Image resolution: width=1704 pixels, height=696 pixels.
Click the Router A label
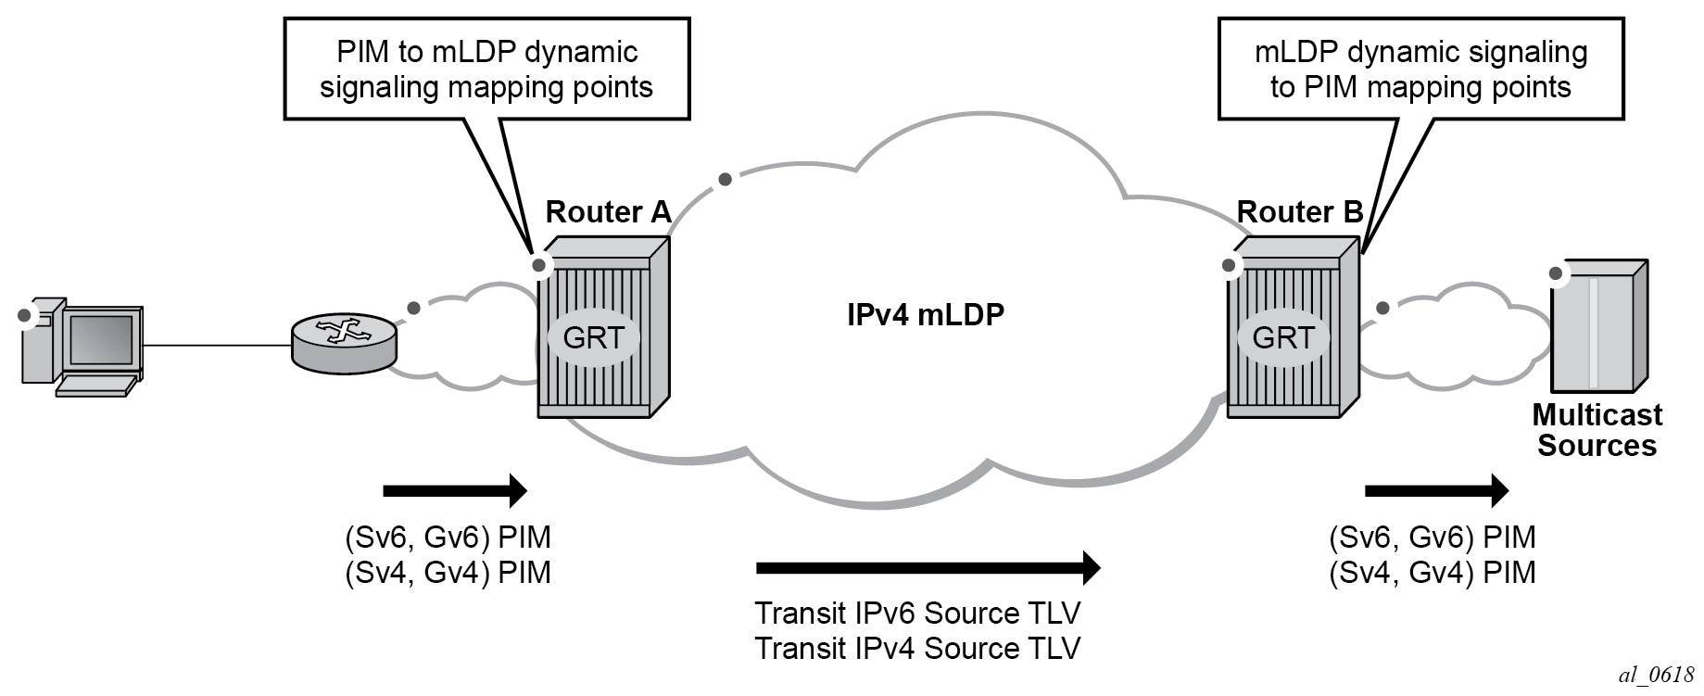[x=608, y=212]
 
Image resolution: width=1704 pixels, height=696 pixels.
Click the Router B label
[x=1300, y=212]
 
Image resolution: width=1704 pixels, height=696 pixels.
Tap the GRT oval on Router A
[x=594, y=337]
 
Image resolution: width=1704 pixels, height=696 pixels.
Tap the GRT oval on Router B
[x=1283, y=337]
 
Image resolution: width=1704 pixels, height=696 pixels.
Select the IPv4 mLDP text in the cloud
[x=926, y=315]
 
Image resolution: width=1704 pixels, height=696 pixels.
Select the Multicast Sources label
[x=1597, y=430]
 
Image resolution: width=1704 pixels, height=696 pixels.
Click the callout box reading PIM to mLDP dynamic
[x=486, y=69]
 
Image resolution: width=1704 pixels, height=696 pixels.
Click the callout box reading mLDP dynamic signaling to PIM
[x=1420, y=69]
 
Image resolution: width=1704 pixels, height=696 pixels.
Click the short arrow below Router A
[x=455, y=489]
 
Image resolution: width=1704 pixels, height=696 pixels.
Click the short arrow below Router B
[x=1437, y=489]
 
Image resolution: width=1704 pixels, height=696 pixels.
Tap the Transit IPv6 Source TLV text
[x=917, y=613]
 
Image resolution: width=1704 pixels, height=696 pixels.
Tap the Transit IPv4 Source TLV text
[x=917, y=648]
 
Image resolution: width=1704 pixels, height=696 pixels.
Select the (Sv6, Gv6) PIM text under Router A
[x=448, y=538]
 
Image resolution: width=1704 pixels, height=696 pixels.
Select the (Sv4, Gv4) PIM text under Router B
[x=1432, y=573]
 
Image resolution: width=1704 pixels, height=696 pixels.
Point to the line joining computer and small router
[x=218, y=346]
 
